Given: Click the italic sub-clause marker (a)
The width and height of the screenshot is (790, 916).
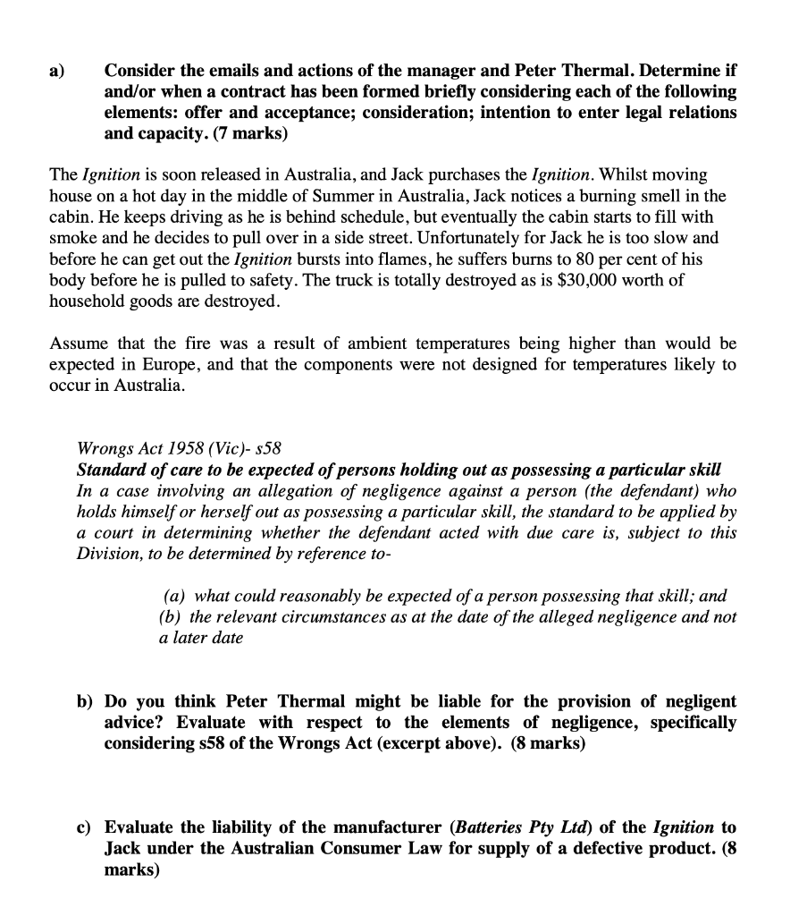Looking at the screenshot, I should point(175,595).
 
